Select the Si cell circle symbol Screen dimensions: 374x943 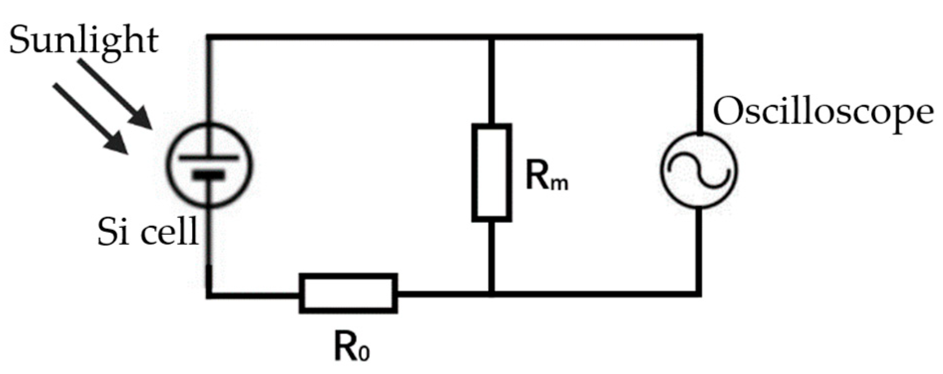(x=209, y=165)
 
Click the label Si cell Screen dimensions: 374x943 (x=148, y=232)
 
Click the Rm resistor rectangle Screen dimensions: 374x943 (x=491, y=173)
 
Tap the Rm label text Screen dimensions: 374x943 (x=547, y=178)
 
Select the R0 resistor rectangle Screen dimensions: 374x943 (x=348, y=293)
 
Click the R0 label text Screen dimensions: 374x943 (x=352, y=347)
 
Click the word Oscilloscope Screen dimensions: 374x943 (x=823, y=113)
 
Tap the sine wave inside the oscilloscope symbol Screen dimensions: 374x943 (x=699, y=171)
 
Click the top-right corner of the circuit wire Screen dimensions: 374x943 (x=699, y=37)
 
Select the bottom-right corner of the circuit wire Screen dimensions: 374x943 (x=699, y=294)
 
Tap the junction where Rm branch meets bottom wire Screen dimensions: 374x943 (x=492, y=294)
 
